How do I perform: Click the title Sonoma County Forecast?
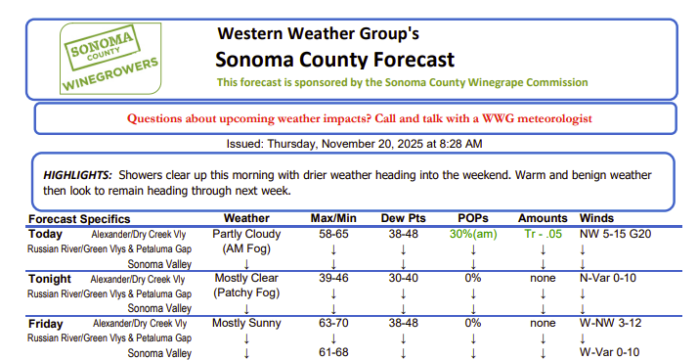coord(334,58)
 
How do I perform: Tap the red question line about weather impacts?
coord(359,118)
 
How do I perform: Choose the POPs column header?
coord(473,218)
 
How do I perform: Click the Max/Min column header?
coord(333,218)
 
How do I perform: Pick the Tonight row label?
coord(51,279)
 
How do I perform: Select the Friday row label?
coord(47,323)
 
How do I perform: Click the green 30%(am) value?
coord(473,235)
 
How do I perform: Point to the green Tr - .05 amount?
coord(543,235)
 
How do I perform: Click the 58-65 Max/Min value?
coord(333,235)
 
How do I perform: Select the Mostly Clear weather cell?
coord(245,279)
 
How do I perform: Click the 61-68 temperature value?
coord(333,352)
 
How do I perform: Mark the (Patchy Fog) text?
coord(246,293)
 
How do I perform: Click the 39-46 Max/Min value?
coord(333,279)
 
